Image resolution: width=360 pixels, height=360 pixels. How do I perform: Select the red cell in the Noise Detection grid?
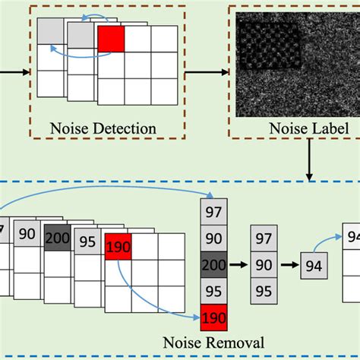click(x=110, y=39)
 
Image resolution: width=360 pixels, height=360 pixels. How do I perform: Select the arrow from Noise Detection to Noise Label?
click(x=206, y=72)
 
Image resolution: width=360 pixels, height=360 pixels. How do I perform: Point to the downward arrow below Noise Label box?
click(x=311, y=163)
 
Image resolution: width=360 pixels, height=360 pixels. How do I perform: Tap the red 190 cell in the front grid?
click(x=118, y=248)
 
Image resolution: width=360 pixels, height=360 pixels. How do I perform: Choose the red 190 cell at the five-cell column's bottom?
click(x=213, y=317)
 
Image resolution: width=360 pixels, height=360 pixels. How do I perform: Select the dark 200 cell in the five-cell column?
click(x=213, y=265)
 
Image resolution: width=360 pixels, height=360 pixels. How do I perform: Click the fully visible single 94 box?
click(x=313, y=266)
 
